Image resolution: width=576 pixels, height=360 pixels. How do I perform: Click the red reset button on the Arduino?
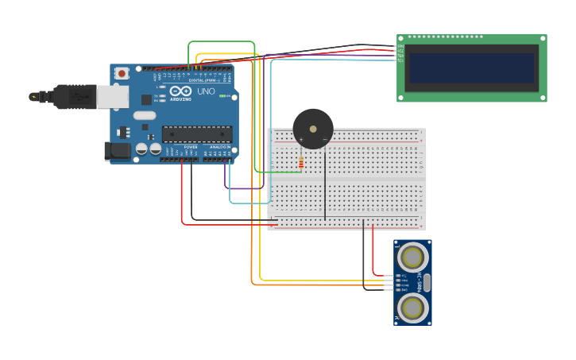121,73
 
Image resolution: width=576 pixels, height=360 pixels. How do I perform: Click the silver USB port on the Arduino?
113,97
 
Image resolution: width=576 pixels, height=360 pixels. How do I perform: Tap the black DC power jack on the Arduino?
118,150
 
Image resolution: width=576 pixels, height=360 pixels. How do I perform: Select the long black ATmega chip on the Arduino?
197,134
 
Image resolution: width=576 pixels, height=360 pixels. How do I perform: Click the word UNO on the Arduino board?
206,91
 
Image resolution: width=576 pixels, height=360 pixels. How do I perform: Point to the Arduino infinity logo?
180,91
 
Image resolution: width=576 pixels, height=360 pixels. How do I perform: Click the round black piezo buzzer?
313,128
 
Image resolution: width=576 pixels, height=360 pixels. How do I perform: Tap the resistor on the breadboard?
300,163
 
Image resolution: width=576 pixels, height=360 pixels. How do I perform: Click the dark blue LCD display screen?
470,68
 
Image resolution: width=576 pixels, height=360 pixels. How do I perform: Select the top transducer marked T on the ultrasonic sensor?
412,257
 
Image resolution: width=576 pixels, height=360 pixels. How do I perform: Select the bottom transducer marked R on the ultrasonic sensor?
412,307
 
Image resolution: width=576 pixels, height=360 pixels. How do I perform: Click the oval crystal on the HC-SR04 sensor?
427,282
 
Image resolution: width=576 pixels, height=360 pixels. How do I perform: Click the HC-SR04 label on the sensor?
418,282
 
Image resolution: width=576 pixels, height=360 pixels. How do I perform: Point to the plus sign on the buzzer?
301,140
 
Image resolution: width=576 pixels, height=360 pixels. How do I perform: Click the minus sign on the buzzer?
324,140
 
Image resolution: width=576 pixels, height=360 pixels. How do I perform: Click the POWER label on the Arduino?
191,147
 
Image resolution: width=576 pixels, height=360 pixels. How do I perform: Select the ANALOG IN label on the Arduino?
219,147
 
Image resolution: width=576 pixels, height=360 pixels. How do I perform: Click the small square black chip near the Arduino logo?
147,99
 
